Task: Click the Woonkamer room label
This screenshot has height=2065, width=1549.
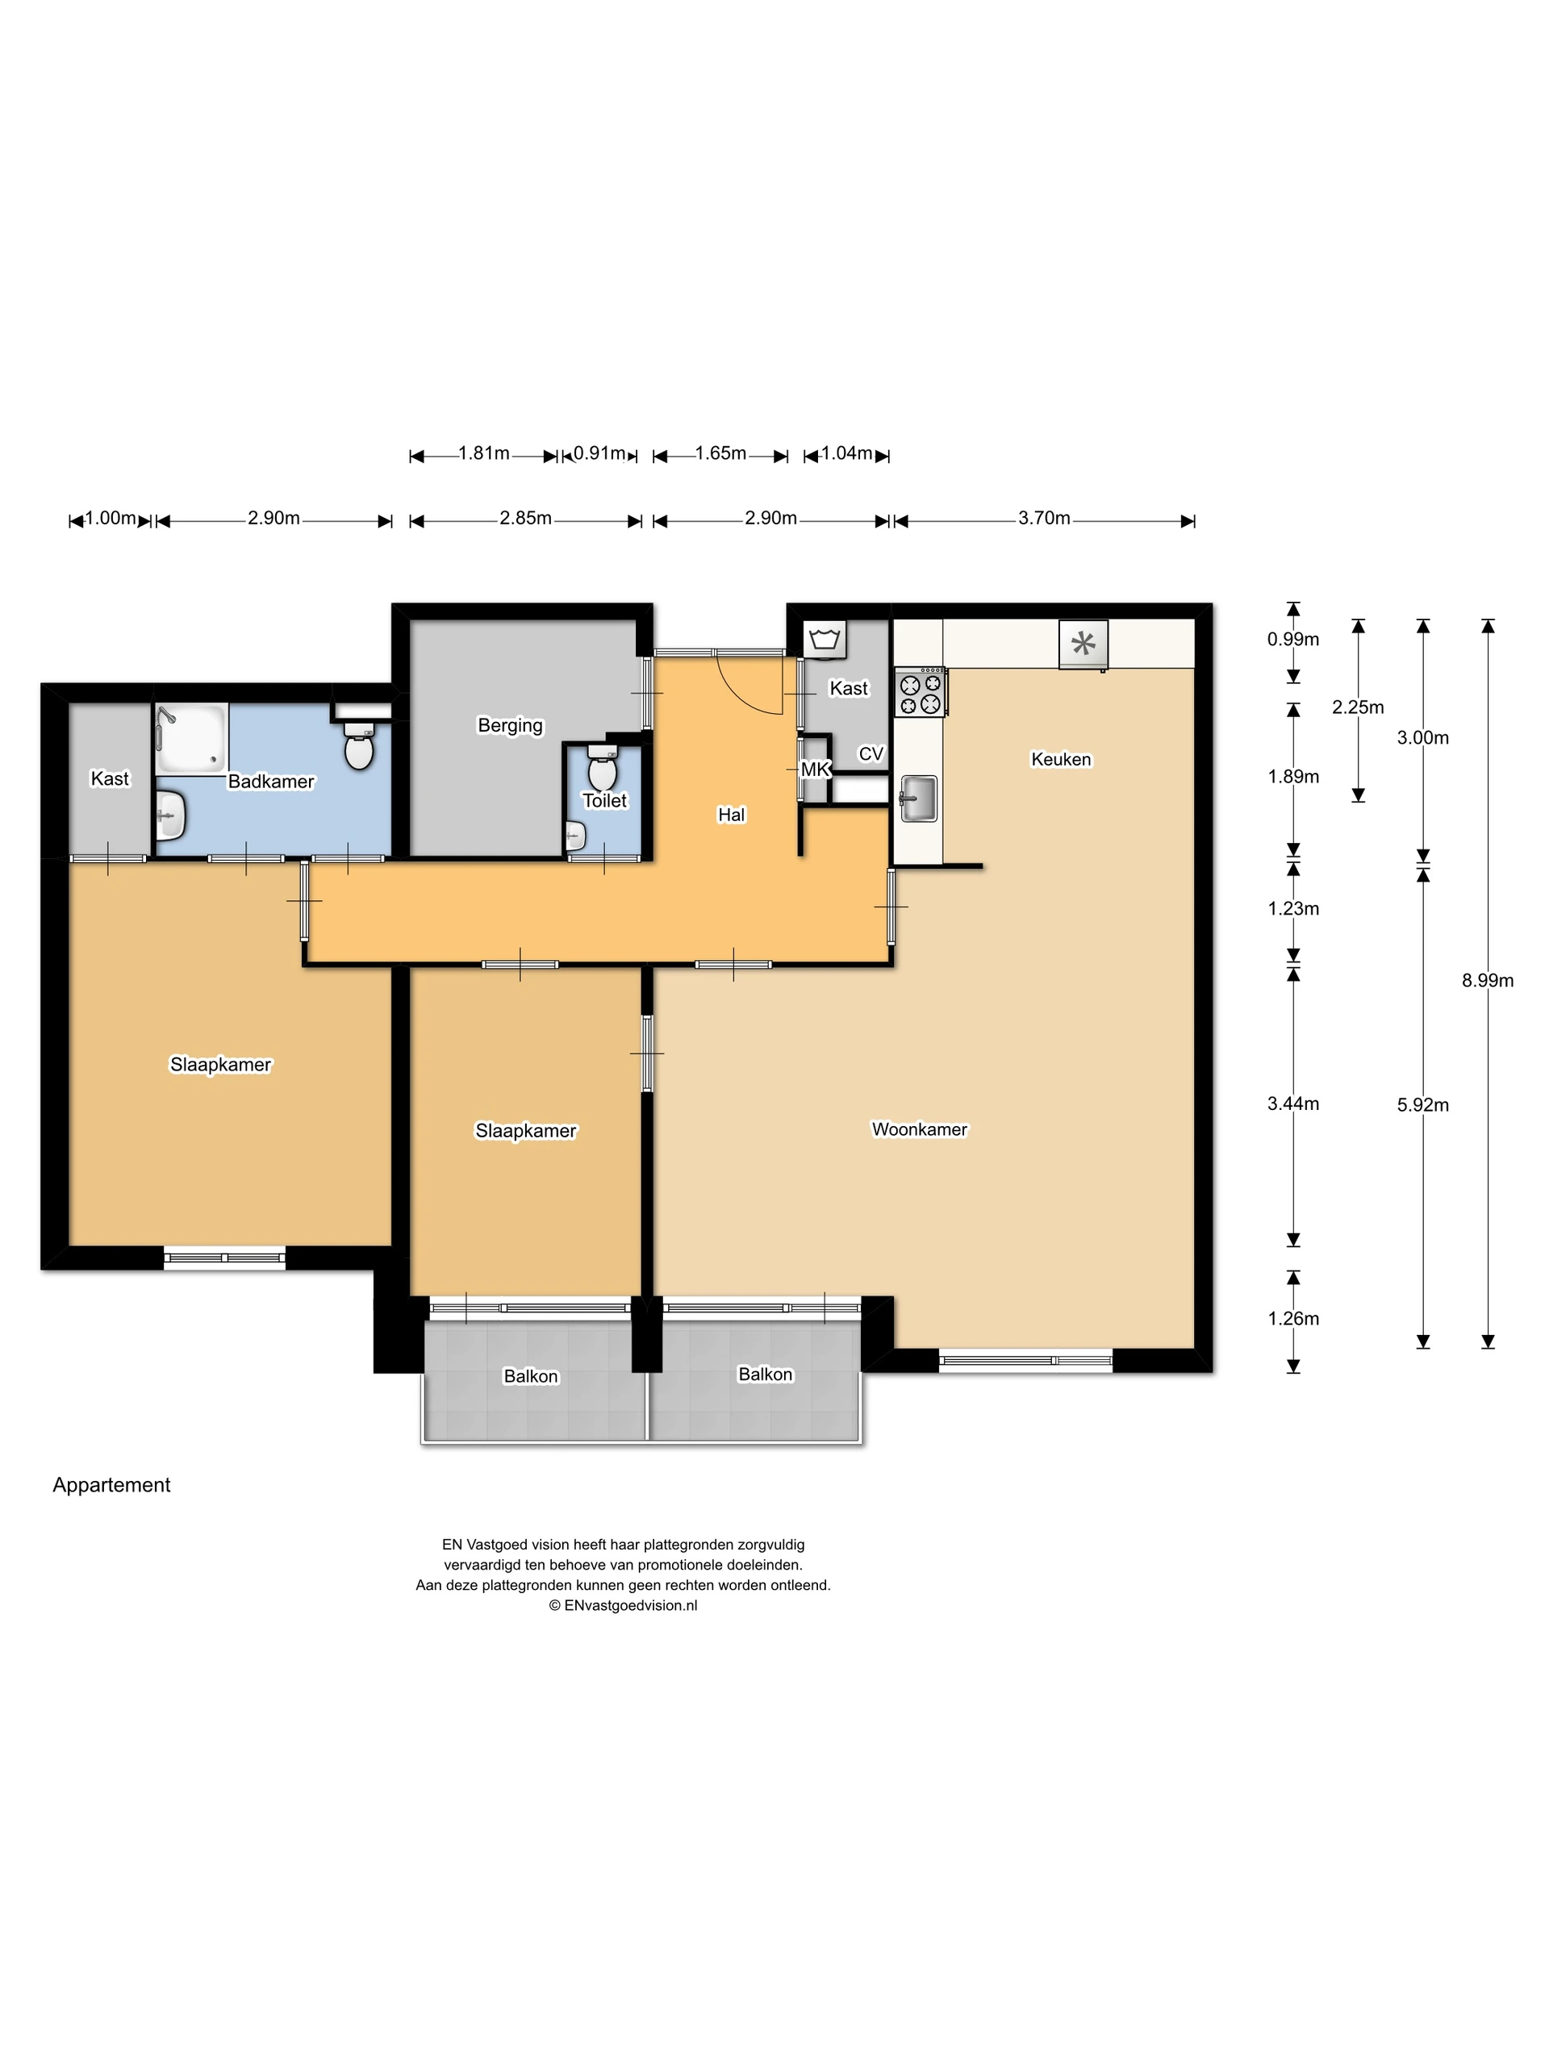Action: coord(919,1128)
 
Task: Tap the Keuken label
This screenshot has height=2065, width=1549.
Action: coord(1061,759)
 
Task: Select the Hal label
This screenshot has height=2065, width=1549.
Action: coord(731,814)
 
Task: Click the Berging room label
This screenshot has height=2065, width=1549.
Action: coord(510,724)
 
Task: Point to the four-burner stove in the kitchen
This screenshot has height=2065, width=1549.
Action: coord(920,693)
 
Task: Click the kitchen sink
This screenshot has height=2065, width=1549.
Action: coord(919,799)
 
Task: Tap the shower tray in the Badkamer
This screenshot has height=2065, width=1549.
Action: coord(191,737)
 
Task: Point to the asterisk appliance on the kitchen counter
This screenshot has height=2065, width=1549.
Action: coord(1083,643)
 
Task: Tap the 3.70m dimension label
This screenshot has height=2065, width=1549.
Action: coord(1044,518)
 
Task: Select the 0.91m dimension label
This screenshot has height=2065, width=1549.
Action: coord(599,453)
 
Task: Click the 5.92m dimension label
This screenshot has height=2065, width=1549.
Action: coord(1422,1104)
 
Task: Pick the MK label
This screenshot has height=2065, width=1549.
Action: coord(815,770)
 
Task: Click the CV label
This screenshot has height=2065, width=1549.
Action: coord(871,753)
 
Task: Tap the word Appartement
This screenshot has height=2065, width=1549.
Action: coord(111,1484)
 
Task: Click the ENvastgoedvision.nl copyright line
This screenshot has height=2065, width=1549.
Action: coord(623,1604)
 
